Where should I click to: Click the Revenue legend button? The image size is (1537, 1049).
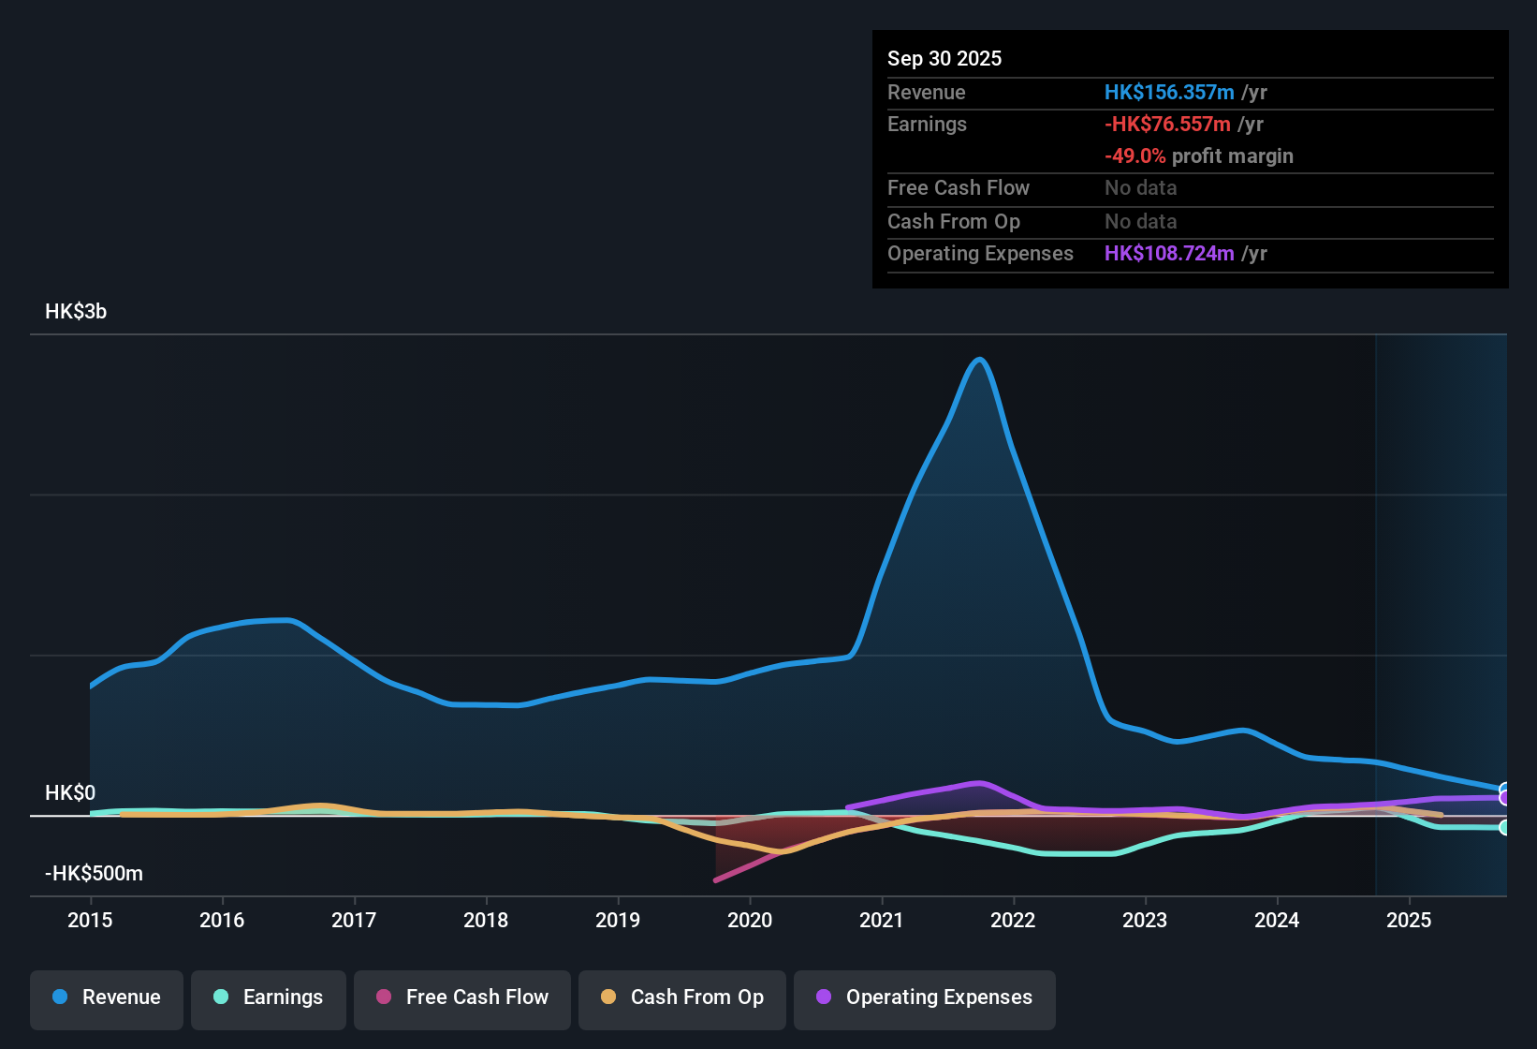pos(106,997)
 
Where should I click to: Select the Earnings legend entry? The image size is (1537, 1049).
pos(268,997)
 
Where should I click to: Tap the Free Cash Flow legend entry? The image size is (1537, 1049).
pos(461,997)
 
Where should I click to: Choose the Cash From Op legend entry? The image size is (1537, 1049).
pos(681,997)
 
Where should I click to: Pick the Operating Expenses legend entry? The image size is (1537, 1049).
pos(924,997)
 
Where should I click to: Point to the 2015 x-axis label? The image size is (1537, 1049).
pos(90,920)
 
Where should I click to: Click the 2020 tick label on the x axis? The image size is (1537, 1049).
pos(750,920)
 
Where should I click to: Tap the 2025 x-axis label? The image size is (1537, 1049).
pos(1409,920)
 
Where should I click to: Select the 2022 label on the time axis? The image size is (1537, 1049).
pos(1013,920)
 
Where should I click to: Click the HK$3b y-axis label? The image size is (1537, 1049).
pos(76,312)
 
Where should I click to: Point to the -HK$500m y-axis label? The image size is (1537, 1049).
pos(94,874)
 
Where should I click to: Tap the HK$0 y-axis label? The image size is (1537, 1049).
pos(70,793)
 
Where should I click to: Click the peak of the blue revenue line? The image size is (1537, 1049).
pos(979,359)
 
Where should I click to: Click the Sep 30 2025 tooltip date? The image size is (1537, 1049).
pos(944,59)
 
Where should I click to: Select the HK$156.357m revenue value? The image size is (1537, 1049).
pos(1168,93)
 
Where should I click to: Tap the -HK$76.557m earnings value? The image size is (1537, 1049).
pos(1166,125)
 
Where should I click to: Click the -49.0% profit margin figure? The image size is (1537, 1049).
pos(1134,156)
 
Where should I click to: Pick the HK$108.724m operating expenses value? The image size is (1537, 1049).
pos(1168,254)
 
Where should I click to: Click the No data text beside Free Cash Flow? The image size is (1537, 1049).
pos(1140,188)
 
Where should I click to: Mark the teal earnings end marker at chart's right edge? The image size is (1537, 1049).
pos(1504,827)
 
